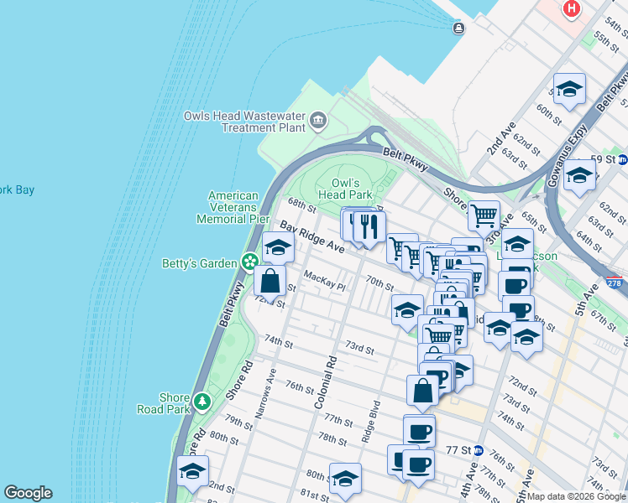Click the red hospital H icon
(x=572, y=9)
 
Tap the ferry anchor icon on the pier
(x=458, y=29)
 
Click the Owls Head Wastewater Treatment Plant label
(x=244, y=122)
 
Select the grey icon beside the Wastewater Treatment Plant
(x=318, y=122)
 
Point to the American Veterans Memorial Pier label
(x=233, y=207)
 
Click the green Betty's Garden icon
(x=249, y=263)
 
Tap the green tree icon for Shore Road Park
(x=201, y=402)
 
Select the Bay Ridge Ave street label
(x=312, y=239)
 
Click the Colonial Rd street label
(x=326, y=382)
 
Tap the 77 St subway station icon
(x=478, y=450)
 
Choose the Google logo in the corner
(x=28, y=493)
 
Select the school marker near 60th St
(x=569, y=89)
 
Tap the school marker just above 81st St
(x=345, y=479)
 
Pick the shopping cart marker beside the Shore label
(x=484, y=215)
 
